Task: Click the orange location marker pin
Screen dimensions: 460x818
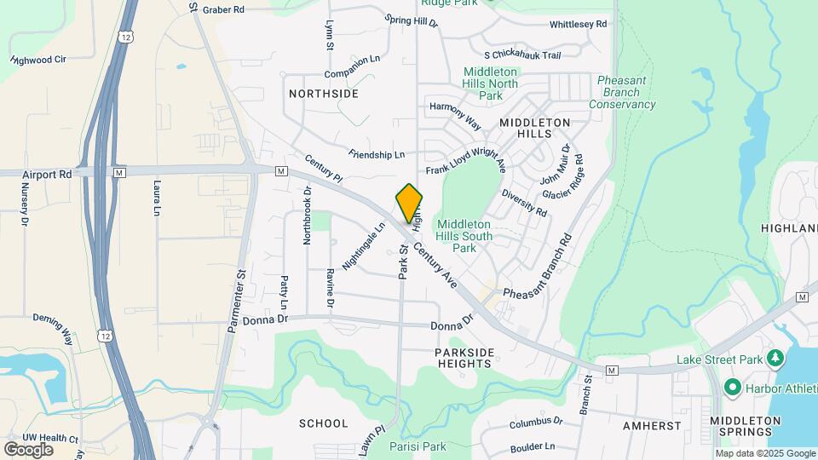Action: pyautogui.click(x=409, y=204)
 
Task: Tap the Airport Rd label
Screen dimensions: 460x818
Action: pyautogui.click(x=48, y=174)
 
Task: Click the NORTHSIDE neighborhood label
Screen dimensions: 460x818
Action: pyautogui.click(x=324, y=93)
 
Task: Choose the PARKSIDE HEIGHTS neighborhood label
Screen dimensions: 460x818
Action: pyautogui.click(x=464, y=358)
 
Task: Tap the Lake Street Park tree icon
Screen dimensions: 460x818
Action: pyautogui.click(x=775, y=359)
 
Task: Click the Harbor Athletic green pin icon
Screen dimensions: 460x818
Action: pyautogui.click(x=732, y=389)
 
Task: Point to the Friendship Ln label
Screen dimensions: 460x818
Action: pyautogui.click(x=377, y=155)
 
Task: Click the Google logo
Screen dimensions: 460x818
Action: pyautogui.click(x=27, y=449)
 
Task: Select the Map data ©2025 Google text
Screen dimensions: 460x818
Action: pyautogui.click(x=764, y=453)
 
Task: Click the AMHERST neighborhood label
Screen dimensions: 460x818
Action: pyautogui.click(x=651, y=425)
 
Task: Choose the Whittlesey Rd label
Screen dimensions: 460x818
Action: pyautogui.click(x=578, y=25)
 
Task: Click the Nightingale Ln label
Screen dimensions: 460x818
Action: pyautogui.click(x=365, y=247)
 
